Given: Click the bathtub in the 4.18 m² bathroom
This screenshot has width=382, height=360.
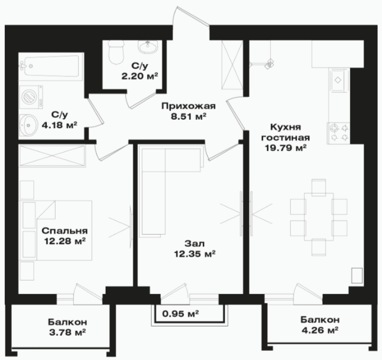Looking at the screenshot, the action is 51,66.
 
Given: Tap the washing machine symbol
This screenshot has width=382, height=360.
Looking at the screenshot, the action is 31,97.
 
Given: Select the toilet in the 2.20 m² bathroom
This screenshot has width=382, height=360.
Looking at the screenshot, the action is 116,52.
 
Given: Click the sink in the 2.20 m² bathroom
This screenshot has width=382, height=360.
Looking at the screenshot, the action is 148,46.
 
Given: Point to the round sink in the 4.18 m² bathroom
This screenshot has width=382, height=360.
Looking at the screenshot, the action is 29,125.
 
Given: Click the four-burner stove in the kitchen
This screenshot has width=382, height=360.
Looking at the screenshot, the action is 339,133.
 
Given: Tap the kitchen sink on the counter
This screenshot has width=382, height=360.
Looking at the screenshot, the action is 338,80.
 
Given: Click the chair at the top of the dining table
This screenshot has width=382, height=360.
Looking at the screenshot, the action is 319,187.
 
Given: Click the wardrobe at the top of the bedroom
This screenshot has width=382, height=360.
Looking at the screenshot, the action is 52,156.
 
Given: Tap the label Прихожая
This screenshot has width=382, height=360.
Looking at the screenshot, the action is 188,106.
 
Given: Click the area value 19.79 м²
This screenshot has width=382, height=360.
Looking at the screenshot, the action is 285,148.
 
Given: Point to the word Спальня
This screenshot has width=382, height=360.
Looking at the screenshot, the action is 65,231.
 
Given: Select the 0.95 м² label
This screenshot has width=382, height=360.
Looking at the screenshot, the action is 180,314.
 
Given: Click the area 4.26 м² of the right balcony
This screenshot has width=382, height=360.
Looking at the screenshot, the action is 319,330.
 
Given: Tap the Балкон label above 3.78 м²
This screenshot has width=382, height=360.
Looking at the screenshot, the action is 67,322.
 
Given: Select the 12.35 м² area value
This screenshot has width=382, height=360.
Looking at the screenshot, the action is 195,254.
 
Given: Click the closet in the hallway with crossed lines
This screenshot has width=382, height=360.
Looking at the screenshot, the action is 233,65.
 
